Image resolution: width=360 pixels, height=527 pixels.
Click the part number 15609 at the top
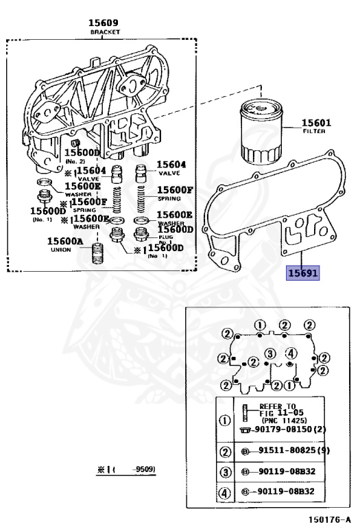pos(104,23)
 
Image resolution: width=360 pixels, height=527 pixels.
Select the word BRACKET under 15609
pos(105,32)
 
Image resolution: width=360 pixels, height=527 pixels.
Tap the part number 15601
pos(318,124)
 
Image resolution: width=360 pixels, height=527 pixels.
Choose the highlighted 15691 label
pos(302,273)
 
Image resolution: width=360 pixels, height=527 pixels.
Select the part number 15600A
pos(65,241)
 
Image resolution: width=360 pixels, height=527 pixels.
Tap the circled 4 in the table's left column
pos(224,492)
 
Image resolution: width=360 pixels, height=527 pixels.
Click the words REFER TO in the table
pos(278,406)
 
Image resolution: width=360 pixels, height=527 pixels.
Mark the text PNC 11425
pos(283,420)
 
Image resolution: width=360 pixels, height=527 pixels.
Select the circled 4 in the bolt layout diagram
pos(291,353)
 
